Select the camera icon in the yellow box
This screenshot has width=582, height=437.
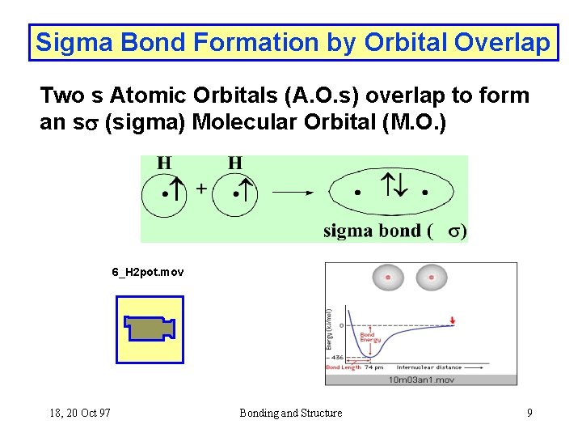pyautogui.click(x=149, y=329)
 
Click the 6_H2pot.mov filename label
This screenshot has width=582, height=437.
pyautogui.click(x=147, y=272)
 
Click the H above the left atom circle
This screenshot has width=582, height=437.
pyautogui.click(x=164, y=163)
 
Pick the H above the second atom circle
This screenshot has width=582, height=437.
pyautogui.click(x=234, y=163)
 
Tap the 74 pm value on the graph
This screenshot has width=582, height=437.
pyautogui.click(x=374, y=367)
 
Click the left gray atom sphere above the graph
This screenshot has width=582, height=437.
pyautogui.click(x=388, y=278)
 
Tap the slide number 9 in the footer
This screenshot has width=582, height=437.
pyautogui.click(x=529, y=413)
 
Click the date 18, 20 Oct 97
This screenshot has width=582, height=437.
pyautogui.click(x=80, y=413)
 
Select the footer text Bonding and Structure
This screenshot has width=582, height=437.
pyautogui.click(x=290, y=413)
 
